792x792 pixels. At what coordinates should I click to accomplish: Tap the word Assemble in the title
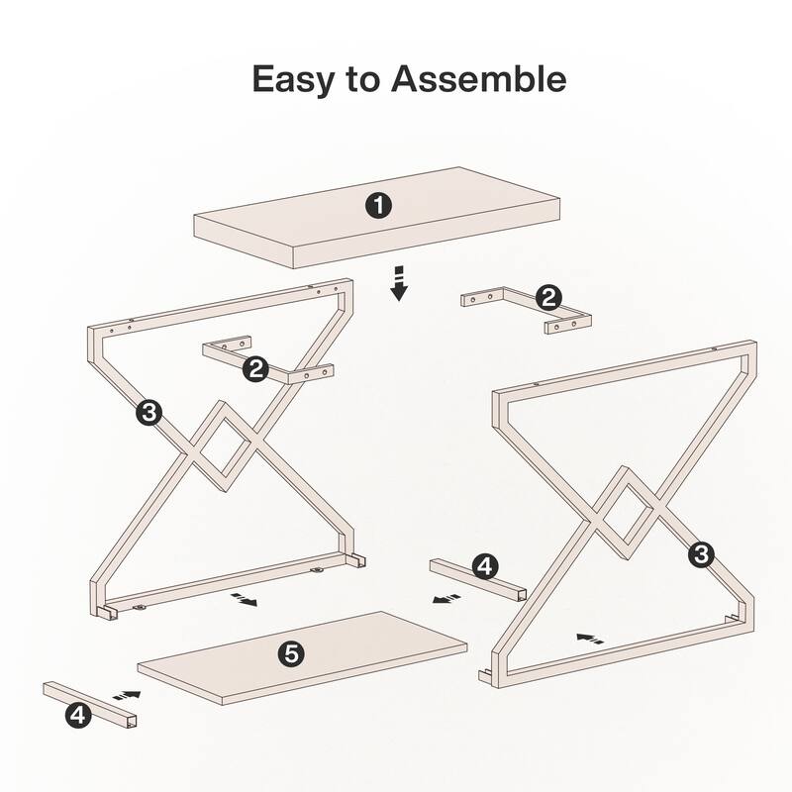click(x=480, y=79)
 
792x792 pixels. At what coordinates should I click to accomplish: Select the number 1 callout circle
click(x=378, y=206)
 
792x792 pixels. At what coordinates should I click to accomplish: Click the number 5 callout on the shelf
click(x=290, y=653)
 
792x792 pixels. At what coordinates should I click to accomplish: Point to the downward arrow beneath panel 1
click(x=398, y=282)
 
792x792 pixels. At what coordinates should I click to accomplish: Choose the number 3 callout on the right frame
click(x=701, y=555)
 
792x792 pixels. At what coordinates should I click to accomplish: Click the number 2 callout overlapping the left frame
click(x=256, y=369)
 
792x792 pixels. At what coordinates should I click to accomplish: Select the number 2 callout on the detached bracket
click(x=547, y=297)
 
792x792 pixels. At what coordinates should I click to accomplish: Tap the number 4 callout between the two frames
click(x=484, y=566)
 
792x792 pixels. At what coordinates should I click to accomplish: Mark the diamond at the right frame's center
click(x=629, y=511)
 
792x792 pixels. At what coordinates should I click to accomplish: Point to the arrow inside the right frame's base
click(x=590, y=639)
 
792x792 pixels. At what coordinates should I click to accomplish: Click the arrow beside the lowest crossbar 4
click(x=127, y=696)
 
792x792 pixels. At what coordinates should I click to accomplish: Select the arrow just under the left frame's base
click(x=243, y=600)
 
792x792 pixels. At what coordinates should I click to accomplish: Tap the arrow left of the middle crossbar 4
click(x=446, y=598)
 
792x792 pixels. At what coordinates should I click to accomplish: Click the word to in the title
click(x=363, y=79)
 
